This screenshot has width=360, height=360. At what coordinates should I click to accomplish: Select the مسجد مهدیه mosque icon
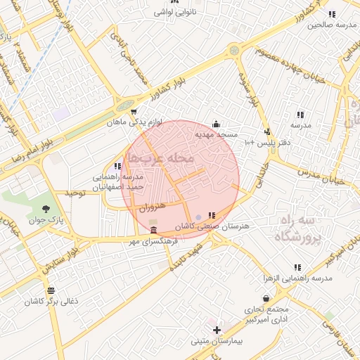[215, 124]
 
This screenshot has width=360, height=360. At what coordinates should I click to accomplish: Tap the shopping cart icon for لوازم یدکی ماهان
[134, 111]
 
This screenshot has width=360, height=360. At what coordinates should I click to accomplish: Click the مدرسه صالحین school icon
[332, 14]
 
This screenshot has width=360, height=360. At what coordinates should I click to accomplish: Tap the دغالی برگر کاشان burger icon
[51, 291]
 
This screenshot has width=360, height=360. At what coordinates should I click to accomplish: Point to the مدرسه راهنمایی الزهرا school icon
[297, 268]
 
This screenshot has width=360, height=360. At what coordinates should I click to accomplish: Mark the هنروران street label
[152, 209]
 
